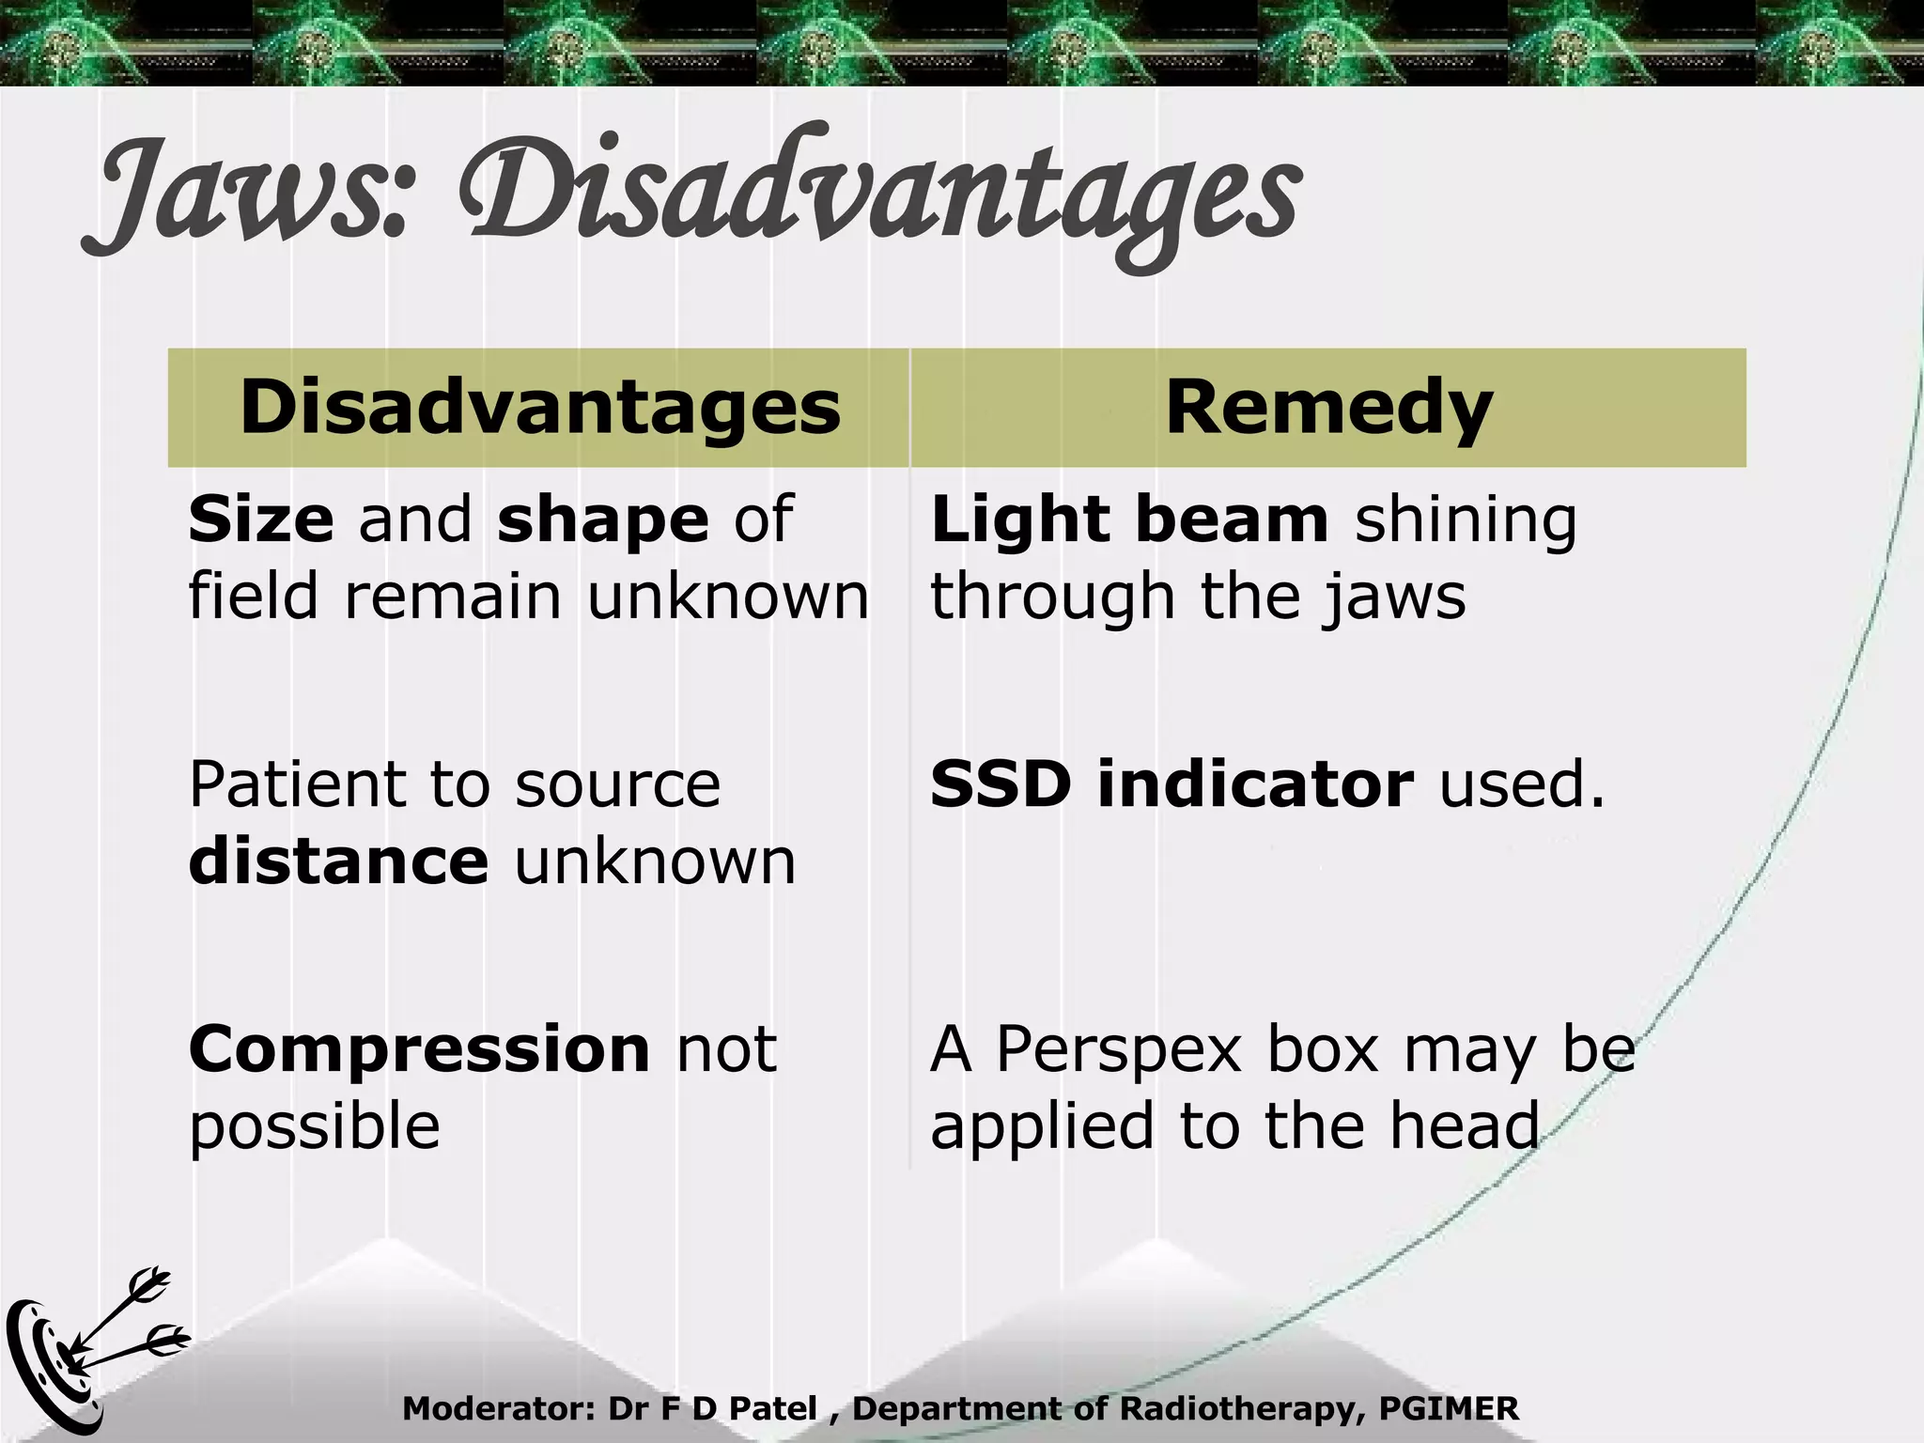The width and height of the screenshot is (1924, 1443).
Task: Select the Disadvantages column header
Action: [540, 408]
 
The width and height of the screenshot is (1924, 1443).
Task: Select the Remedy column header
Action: [1328, 408]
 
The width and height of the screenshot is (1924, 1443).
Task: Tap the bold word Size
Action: [261, 520]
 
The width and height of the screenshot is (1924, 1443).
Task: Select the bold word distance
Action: [338, 861]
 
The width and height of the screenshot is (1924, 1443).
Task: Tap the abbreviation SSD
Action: [1001, 784]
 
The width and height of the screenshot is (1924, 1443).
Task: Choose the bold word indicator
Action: [1255, 784]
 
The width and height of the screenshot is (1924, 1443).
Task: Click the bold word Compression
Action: [419, 1049]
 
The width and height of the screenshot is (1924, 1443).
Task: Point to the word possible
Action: [315, 1127]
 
